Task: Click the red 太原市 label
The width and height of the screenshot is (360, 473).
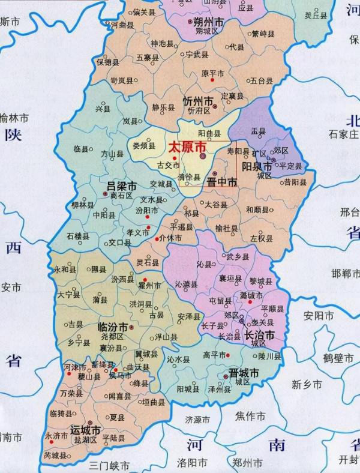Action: [x=187, y=147]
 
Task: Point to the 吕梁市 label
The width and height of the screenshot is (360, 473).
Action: [x=121, y=185]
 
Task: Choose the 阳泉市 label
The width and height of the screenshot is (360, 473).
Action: [x=257, y=167]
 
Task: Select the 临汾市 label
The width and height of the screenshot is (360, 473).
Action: [x=112, y=327]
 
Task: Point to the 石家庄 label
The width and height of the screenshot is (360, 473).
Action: [x=343, y=133]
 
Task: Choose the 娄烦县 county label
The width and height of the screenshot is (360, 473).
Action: [x=143, y=145]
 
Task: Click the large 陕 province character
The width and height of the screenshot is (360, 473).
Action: [x=13, y=136]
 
